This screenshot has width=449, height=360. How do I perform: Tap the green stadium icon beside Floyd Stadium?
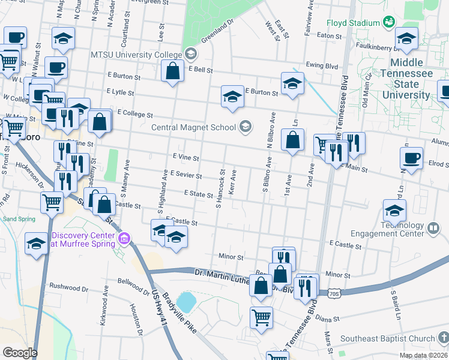389,22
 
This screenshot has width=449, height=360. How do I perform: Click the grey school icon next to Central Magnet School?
245,126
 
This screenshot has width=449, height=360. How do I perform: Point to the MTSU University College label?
136,55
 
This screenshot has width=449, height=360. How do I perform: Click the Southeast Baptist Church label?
387,338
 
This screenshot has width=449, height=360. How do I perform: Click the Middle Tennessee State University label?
411,79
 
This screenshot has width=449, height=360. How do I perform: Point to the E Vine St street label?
185,157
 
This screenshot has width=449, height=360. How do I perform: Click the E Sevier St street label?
185,174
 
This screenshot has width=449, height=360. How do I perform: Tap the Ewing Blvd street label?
318,65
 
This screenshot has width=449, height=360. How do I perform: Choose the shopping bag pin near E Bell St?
172,72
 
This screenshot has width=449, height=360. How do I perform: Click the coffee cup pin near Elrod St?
411,159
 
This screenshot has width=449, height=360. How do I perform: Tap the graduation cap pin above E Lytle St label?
232,96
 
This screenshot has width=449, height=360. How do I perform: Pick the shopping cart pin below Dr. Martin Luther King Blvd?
261,317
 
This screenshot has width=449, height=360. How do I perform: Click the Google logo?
20,353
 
